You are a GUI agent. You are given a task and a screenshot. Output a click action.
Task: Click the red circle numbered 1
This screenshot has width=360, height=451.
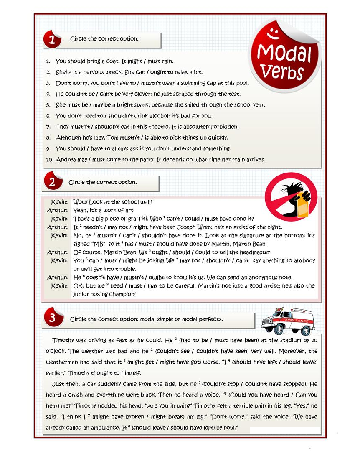pyautogui.click(x=52, y=40)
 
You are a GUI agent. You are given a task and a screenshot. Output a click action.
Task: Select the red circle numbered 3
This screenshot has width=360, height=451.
pyautogui.click(x=52, y=318)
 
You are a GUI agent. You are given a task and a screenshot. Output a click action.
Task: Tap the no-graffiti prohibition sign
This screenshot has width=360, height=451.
pyautogui.click(x=291, y=196)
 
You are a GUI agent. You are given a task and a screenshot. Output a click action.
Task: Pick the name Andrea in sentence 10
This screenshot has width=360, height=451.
pyautogui.click(x=66, y=159)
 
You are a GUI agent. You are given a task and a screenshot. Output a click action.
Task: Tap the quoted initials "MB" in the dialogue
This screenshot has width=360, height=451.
pyautogui.click(x=101, y=244)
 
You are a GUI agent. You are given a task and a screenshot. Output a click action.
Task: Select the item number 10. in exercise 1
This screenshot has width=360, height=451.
pyautogui.click(x=49, y=159)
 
